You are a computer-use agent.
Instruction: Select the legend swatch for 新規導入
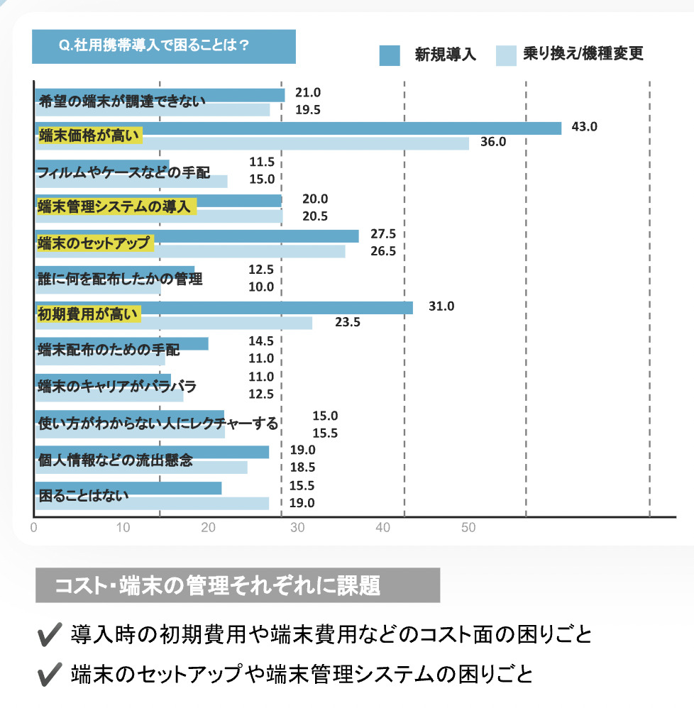pyautogui.click(x=390, y=55)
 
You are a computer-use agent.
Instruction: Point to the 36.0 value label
pyautogui.click(x=492, y=142)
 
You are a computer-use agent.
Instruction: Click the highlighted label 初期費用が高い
pyautogui.click(x=89, y=314)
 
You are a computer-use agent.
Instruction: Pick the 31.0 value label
pyautogui.click(x=441, y=306)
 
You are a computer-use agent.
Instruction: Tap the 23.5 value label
pyautogui.click(x=348, y=322)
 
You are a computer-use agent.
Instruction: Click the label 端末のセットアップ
pyautogui.click(x=95, y=243)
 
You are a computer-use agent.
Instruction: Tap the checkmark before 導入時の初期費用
pyautogui.click(x=50, y=634)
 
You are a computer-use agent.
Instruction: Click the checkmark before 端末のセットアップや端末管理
pyautogui.click(x=50, y=673)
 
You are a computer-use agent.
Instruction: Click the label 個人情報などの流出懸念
pyautogui.click(x=115, y=460)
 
